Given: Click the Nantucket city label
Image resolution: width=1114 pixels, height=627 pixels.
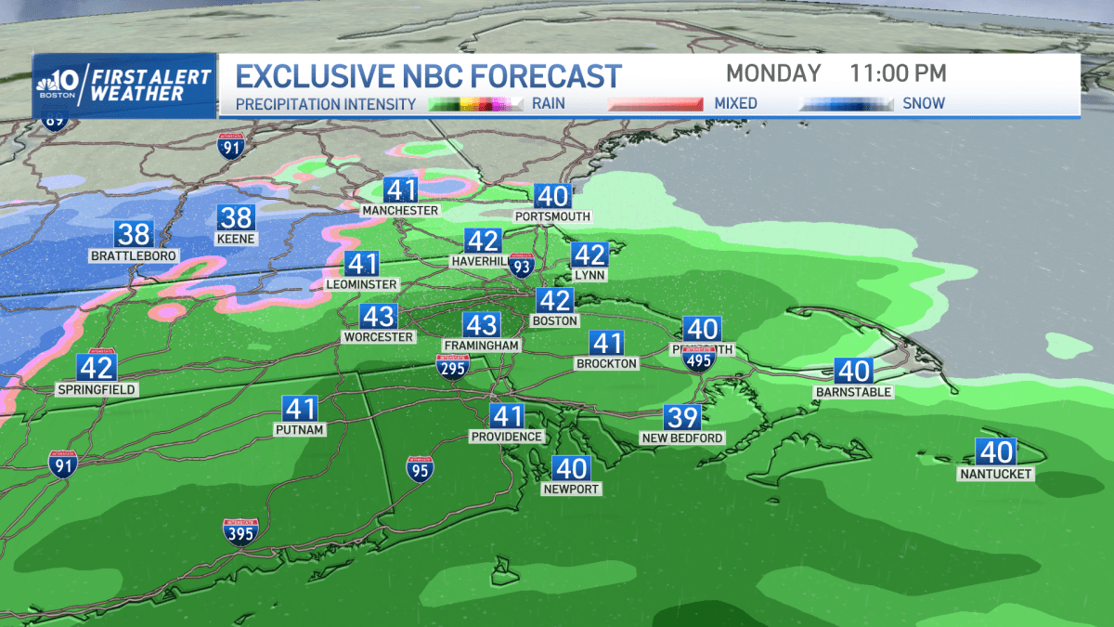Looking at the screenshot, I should pyautogui.click(x=996, y=475).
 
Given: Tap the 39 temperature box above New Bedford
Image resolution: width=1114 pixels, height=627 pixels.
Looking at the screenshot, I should pyautogui.click(x=681, y=418).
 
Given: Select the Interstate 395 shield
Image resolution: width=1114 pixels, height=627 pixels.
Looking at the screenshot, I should pyautogui.click(x=240, y=531).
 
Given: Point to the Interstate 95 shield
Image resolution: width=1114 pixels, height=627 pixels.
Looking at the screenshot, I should pyautogui.click(x=420, y=468).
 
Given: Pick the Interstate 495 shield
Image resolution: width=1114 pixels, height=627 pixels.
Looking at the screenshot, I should pyautogui.click(x=698, y=359).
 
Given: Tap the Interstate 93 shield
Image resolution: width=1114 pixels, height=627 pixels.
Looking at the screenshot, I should pyautogui.click(x=523, y=268).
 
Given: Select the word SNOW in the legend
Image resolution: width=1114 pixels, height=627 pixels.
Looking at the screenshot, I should pyautogui.click(x=924, y=103).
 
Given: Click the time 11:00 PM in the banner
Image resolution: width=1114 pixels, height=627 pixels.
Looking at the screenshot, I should pyautogui.click(x=899, y=73).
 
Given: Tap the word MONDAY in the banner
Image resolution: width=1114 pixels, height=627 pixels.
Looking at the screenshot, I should pyautogui.click(x=773, y=73).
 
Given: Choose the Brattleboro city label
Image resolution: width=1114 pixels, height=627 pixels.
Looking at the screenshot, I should pyautogui.click(x=134, y=255).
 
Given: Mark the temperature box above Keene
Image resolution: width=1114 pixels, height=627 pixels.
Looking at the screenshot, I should pyautogui.click(x=236, y=217).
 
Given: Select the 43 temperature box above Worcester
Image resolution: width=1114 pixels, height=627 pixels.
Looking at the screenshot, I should pyautogui.click(x=378, y=317).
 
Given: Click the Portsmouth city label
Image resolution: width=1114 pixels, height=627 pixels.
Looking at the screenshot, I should pyautogui.click(x=551, y=216).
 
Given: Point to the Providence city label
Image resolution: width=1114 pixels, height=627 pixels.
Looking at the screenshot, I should pyautogui.click(x=506, y=437).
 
